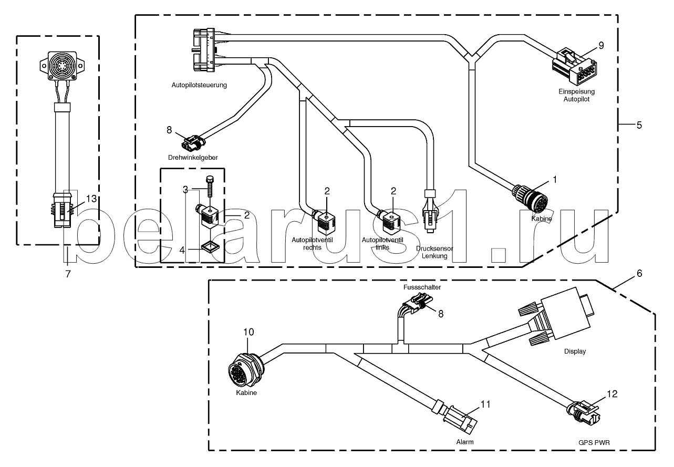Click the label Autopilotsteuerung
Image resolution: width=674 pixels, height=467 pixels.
pos(199,85)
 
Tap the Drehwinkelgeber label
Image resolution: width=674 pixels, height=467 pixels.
pos(193,158)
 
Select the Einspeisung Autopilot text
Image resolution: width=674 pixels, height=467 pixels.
pos(576,95)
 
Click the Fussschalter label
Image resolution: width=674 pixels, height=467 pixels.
pos(422,287)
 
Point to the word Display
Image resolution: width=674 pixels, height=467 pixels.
pos(575,351)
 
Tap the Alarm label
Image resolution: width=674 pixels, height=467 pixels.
pos(465,442)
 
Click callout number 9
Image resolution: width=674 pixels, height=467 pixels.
pos(601,45)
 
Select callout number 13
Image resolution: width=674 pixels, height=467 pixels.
pos(91,199)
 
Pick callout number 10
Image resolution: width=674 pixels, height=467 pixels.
pos(248,332)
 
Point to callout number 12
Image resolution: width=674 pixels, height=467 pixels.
pos(612,393)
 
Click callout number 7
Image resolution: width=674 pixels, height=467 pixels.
pos(68,274)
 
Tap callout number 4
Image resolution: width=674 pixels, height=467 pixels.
pos(182,250)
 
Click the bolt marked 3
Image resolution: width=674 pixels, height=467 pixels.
pos(210,187)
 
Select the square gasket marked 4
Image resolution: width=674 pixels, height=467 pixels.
pos(210,247)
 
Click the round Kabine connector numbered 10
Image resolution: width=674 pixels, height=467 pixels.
pos(245,370)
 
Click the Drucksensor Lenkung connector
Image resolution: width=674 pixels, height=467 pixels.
pos(430,212)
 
